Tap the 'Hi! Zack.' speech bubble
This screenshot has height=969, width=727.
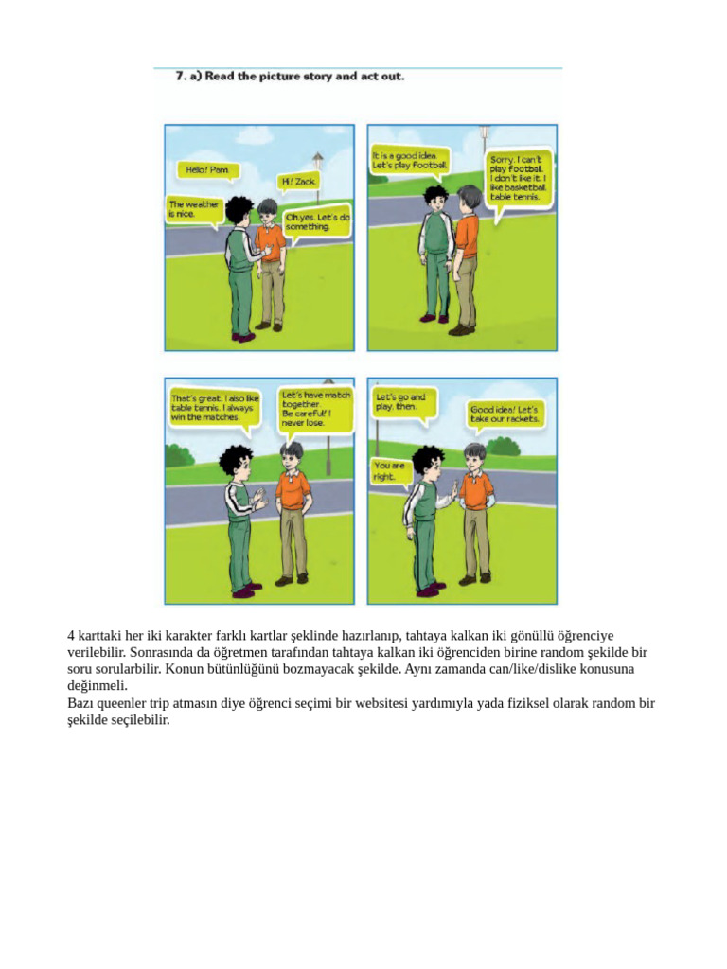pos(299,180)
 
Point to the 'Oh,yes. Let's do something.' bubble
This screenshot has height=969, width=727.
pos(316,221)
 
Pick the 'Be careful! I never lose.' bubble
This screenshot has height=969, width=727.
pos(315,408)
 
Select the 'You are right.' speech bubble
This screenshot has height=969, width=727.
pos(390,471)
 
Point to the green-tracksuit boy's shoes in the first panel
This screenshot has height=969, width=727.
pos(243,334)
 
